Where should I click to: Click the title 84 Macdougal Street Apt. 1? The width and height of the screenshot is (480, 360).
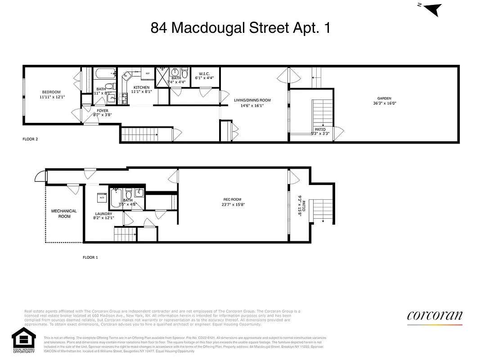click(240, 28)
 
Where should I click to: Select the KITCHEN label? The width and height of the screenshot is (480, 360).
click(141, 87)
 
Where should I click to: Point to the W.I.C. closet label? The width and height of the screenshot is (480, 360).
click(204, 73)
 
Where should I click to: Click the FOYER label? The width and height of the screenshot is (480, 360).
click(103, 111)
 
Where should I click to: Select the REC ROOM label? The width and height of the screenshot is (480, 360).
click(233, 200)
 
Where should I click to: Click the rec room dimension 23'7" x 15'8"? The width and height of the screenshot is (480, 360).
click(233, 205)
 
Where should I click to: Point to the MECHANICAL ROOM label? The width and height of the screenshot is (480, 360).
click(64, 214)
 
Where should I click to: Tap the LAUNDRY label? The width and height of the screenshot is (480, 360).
click(103, 214)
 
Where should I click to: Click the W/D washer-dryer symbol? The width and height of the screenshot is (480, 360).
click(102, 197)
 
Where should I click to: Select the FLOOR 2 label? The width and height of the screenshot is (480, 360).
click(30, 139)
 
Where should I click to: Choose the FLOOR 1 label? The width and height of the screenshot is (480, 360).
click(90, 257)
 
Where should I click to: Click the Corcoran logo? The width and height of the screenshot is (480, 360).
click(435, 316)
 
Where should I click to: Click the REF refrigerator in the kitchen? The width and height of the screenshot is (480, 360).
click(147, 73)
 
